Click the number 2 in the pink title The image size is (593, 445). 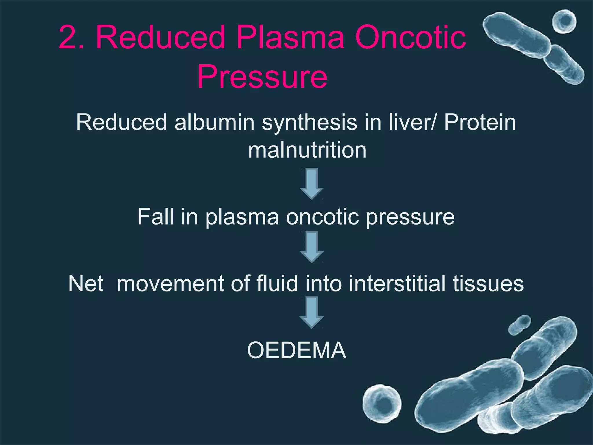[68, 38]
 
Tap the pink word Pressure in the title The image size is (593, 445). [262, 77]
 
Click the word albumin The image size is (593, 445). [214, 122]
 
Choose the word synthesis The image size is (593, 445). [309, 122]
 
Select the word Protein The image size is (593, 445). [480, 122]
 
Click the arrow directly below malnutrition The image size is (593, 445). [312, 184]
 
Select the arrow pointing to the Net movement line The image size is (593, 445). [312, 247]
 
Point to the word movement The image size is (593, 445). [170, 283]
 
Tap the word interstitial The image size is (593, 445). [397, 283]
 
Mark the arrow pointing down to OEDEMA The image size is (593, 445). [312, 312]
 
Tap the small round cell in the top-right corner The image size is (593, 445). [564, 21]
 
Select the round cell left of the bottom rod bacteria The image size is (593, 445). [382, 403]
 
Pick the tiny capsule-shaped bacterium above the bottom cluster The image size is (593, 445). [520, 325]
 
